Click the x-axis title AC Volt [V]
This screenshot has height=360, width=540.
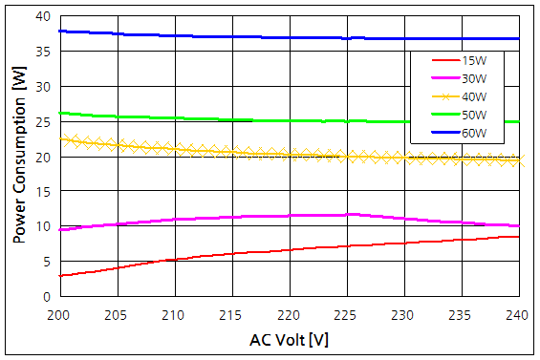tap(288, 339)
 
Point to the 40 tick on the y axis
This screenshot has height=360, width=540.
tap(44, 16)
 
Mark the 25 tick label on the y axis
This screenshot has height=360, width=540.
tap(44, 121)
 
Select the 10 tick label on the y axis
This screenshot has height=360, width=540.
tap(44, 226)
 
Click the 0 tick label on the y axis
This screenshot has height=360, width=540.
tap(48, 296)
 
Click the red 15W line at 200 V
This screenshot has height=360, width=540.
tap(59, 275)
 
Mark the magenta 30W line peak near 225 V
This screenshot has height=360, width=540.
tap(352, 214)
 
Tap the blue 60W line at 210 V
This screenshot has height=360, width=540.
tap(173, 35)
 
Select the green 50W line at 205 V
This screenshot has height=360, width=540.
tap(116, 116)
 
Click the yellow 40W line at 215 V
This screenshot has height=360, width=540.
tap(230, 151)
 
